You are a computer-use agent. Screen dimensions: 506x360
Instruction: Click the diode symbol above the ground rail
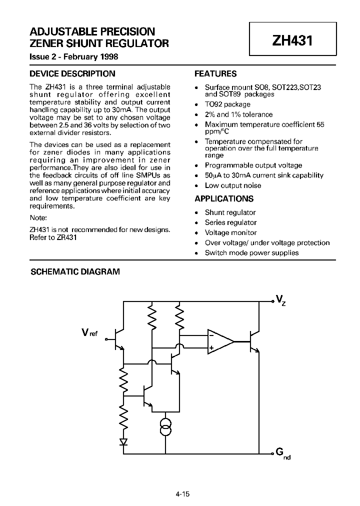pyautogui.click(x=123, y=441)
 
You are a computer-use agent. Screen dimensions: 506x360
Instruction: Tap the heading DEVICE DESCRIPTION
pyautogui.click(x=72, y=74)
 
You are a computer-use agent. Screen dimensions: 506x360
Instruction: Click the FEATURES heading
pyautogui.click(x=215, y=74)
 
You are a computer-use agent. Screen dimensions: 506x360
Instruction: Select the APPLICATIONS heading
pyautogui.click(x=224, y=199)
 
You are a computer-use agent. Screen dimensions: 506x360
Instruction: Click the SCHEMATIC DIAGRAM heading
pyautogui.click(x=75, y=272)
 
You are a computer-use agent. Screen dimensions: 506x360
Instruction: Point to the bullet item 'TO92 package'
pyautogui.click(x=227, y=104)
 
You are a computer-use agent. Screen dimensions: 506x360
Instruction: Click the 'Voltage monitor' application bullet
pyautogui.click(x=230, y=232)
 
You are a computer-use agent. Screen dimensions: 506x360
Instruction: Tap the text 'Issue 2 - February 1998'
pyautogui.click(x=74, y=56)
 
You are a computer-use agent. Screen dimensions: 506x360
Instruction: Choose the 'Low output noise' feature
pyautogui.click(x=233, y=185)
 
